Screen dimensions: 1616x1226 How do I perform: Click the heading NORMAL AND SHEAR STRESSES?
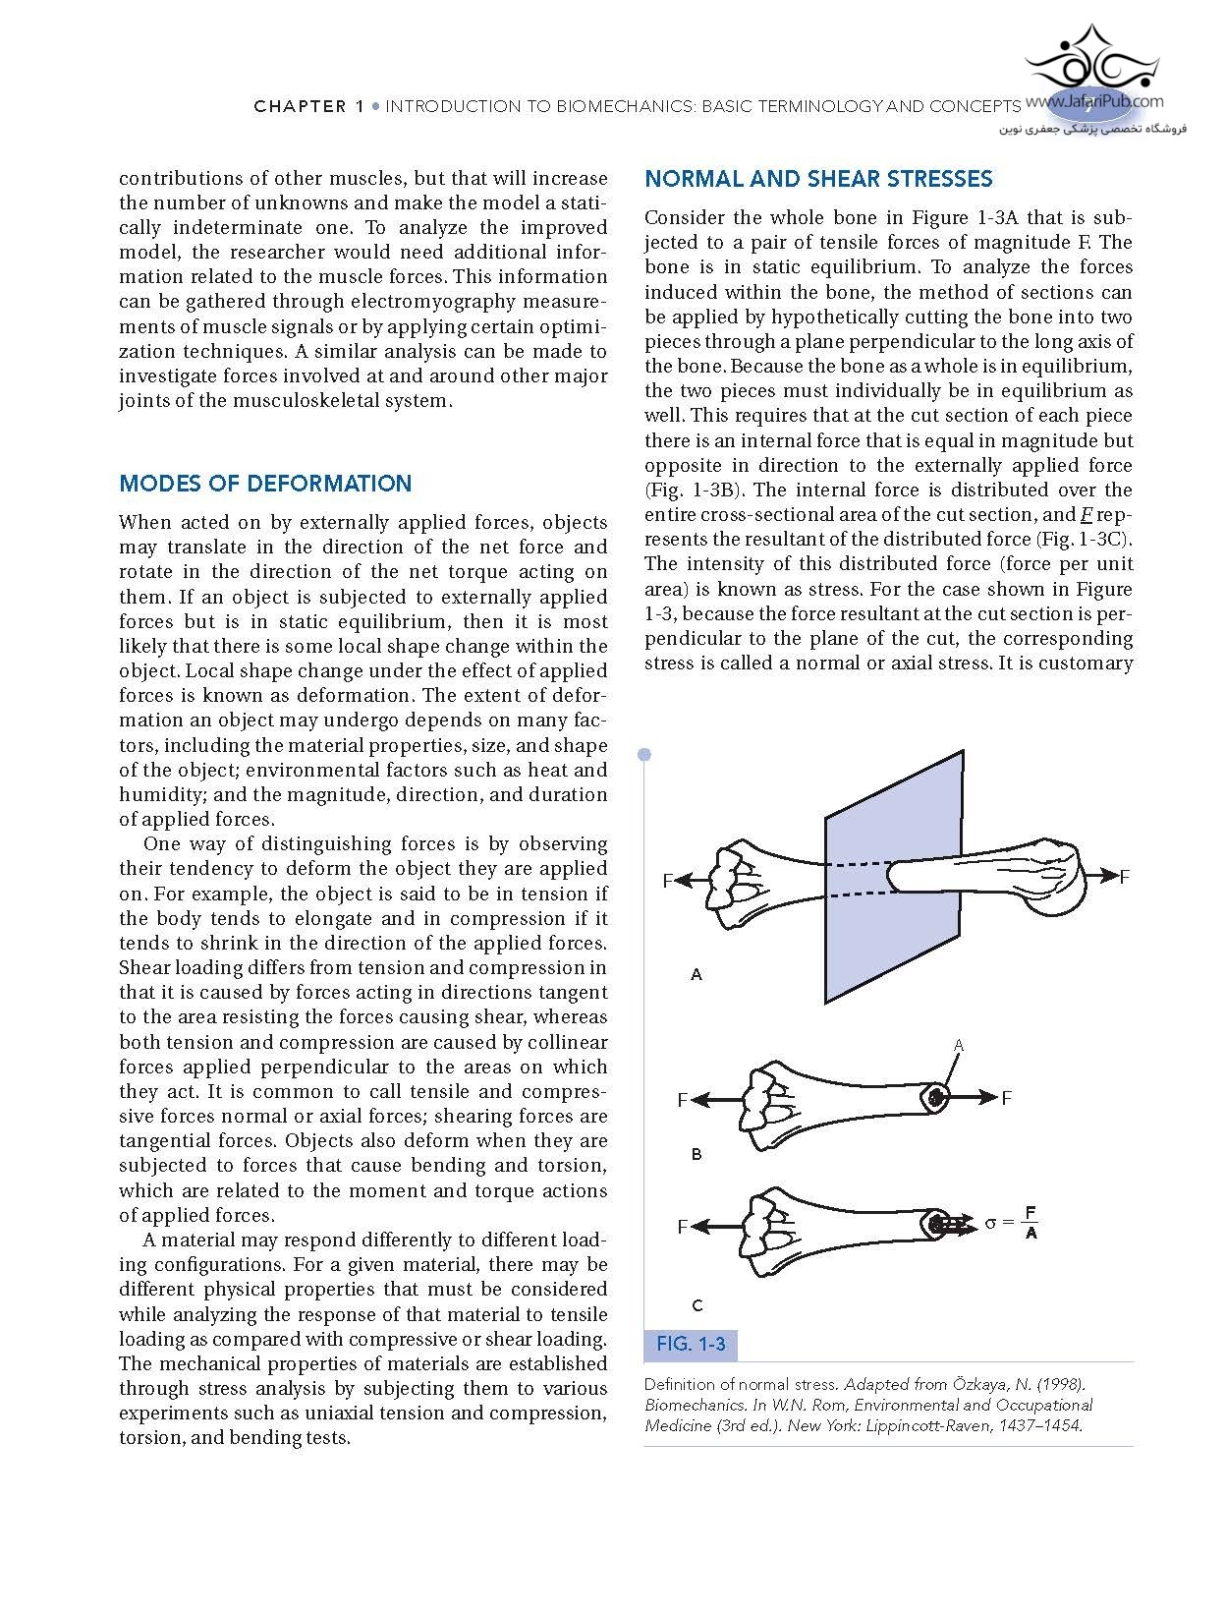pos(818,179)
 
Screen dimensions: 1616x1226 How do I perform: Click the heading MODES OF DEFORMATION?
pos(265,484)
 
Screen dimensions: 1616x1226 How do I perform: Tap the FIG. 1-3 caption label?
pos(691,1344)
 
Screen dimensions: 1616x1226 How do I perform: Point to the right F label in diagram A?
pos(1125,876)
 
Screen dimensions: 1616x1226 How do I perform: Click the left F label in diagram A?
pos(668,881)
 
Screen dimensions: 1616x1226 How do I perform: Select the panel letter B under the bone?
pos(697,1154)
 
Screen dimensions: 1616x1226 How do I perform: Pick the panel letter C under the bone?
pos(697,1305)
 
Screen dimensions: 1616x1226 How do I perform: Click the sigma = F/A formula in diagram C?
pos(1011,1223)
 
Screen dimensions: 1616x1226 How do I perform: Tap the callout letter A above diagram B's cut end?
pos(959,1045)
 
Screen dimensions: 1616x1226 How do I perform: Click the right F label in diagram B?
pos(1006,1098)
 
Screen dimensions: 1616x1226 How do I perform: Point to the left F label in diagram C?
pos(682,1227)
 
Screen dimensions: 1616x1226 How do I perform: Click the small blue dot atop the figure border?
pos(644,755)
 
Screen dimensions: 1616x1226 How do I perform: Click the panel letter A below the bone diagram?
pos(697,974)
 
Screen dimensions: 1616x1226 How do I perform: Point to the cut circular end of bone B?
pos(935,1097)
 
